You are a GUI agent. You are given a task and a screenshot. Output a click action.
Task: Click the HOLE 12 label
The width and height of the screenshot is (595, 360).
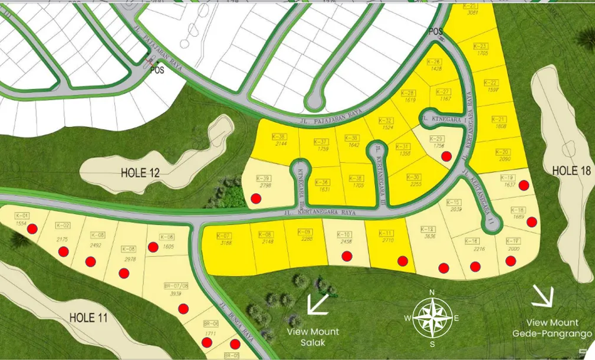(x=140, y=174)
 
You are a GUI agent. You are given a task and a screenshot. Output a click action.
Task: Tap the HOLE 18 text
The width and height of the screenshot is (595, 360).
(x=571, y=171)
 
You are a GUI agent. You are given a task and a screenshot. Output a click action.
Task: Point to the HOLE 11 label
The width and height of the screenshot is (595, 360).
(x=88, y=318)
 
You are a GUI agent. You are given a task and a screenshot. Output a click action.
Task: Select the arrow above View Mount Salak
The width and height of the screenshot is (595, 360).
(x=318, y=303)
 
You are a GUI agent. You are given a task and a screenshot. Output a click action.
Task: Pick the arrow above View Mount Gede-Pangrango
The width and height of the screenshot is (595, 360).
(x=543, y=297)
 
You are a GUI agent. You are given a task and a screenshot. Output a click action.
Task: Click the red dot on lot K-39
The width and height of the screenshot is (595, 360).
(x=256, y=198)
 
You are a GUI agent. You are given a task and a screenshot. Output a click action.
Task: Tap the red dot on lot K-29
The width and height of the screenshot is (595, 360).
(x=447, y=156)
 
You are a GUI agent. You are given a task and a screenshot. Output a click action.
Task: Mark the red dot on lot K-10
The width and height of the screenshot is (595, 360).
(x=347, y=256)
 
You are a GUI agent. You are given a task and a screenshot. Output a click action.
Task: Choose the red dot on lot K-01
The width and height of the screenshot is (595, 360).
(x=32, y=228)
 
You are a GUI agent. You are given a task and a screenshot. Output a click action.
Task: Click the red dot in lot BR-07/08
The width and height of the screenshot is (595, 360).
(x=183, y=308)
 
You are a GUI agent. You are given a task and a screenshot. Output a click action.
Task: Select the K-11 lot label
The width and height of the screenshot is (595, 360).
(x=386, y=233)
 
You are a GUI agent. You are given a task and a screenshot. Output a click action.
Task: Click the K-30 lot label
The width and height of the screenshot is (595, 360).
(x=413, y=176)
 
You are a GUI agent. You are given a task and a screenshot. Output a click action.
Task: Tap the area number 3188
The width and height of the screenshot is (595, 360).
(x=225, y=243)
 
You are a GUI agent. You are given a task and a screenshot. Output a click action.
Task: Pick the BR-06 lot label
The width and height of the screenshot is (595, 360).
(x=211, y=323)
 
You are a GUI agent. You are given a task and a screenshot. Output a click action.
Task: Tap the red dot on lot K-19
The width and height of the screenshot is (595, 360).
(x=523, y=185)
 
